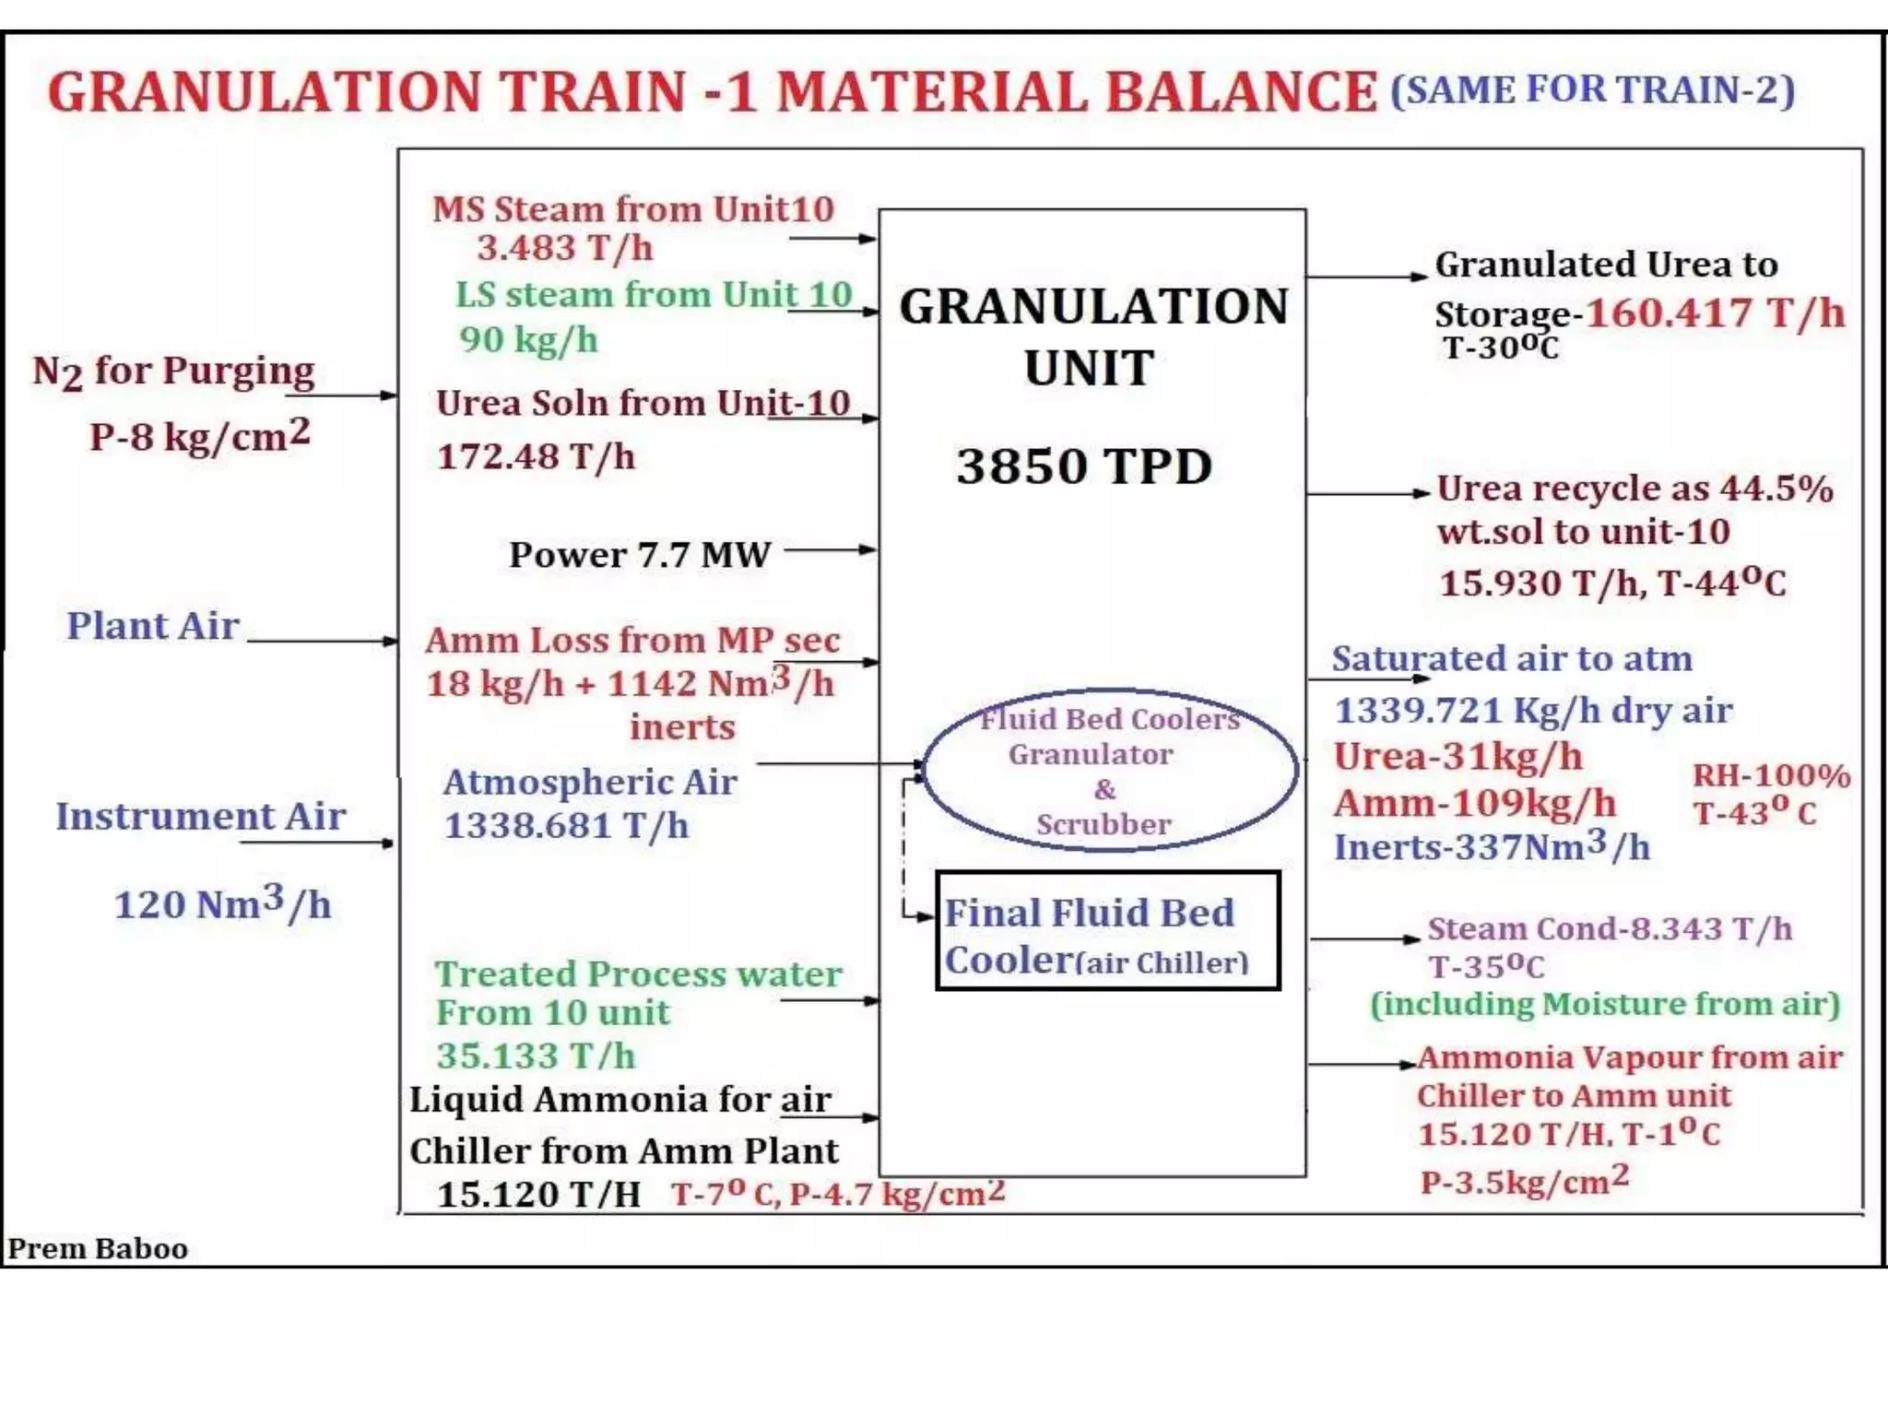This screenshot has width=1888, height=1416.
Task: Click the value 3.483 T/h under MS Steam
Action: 564,248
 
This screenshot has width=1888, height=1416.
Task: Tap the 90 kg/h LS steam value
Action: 528,340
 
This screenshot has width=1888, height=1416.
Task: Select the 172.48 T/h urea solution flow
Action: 536,456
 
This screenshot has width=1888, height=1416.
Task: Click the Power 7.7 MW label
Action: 639,555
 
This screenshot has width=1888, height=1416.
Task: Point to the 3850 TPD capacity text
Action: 1083,466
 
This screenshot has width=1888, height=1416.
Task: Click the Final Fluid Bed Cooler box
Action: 1107,931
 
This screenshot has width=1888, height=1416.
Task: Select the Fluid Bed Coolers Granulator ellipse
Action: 1110,770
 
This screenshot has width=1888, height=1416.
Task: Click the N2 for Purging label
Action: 173,372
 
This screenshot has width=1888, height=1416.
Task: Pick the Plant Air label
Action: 153,626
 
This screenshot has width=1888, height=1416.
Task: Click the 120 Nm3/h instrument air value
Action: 222,903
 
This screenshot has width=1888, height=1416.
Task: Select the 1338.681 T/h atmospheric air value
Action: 566,826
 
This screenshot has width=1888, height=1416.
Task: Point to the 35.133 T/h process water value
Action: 536,1056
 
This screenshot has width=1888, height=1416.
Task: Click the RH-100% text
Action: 1771,775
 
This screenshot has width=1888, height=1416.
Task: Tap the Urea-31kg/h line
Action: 1457,757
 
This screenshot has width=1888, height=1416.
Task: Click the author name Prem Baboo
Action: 98,1248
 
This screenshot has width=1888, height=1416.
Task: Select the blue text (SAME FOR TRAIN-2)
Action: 1592,90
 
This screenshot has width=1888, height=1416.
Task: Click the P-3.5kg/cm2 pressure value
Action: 1524,1180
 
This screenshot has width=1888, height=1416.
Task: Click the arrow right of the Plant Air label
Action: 323,641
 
